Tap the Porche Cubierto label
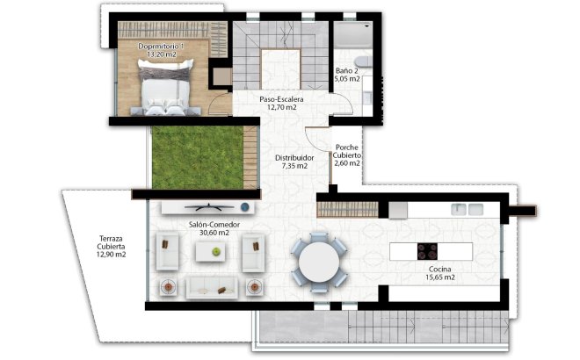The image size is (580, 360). tap(346, 155)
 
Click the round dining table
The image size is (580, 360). tap(318, 261)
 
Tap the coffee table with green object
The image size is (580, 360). tap(214, 252)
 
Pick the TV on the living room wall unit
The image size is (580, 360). tap(208, 208)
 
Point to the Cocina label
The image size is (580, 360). tap(440, 269)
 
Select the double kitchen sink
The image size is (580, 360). tap(468, 209)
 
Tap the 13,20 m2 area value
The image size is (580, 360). tap(163, 54)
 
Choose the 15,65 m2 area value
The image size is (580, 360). tap(440, 277)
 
